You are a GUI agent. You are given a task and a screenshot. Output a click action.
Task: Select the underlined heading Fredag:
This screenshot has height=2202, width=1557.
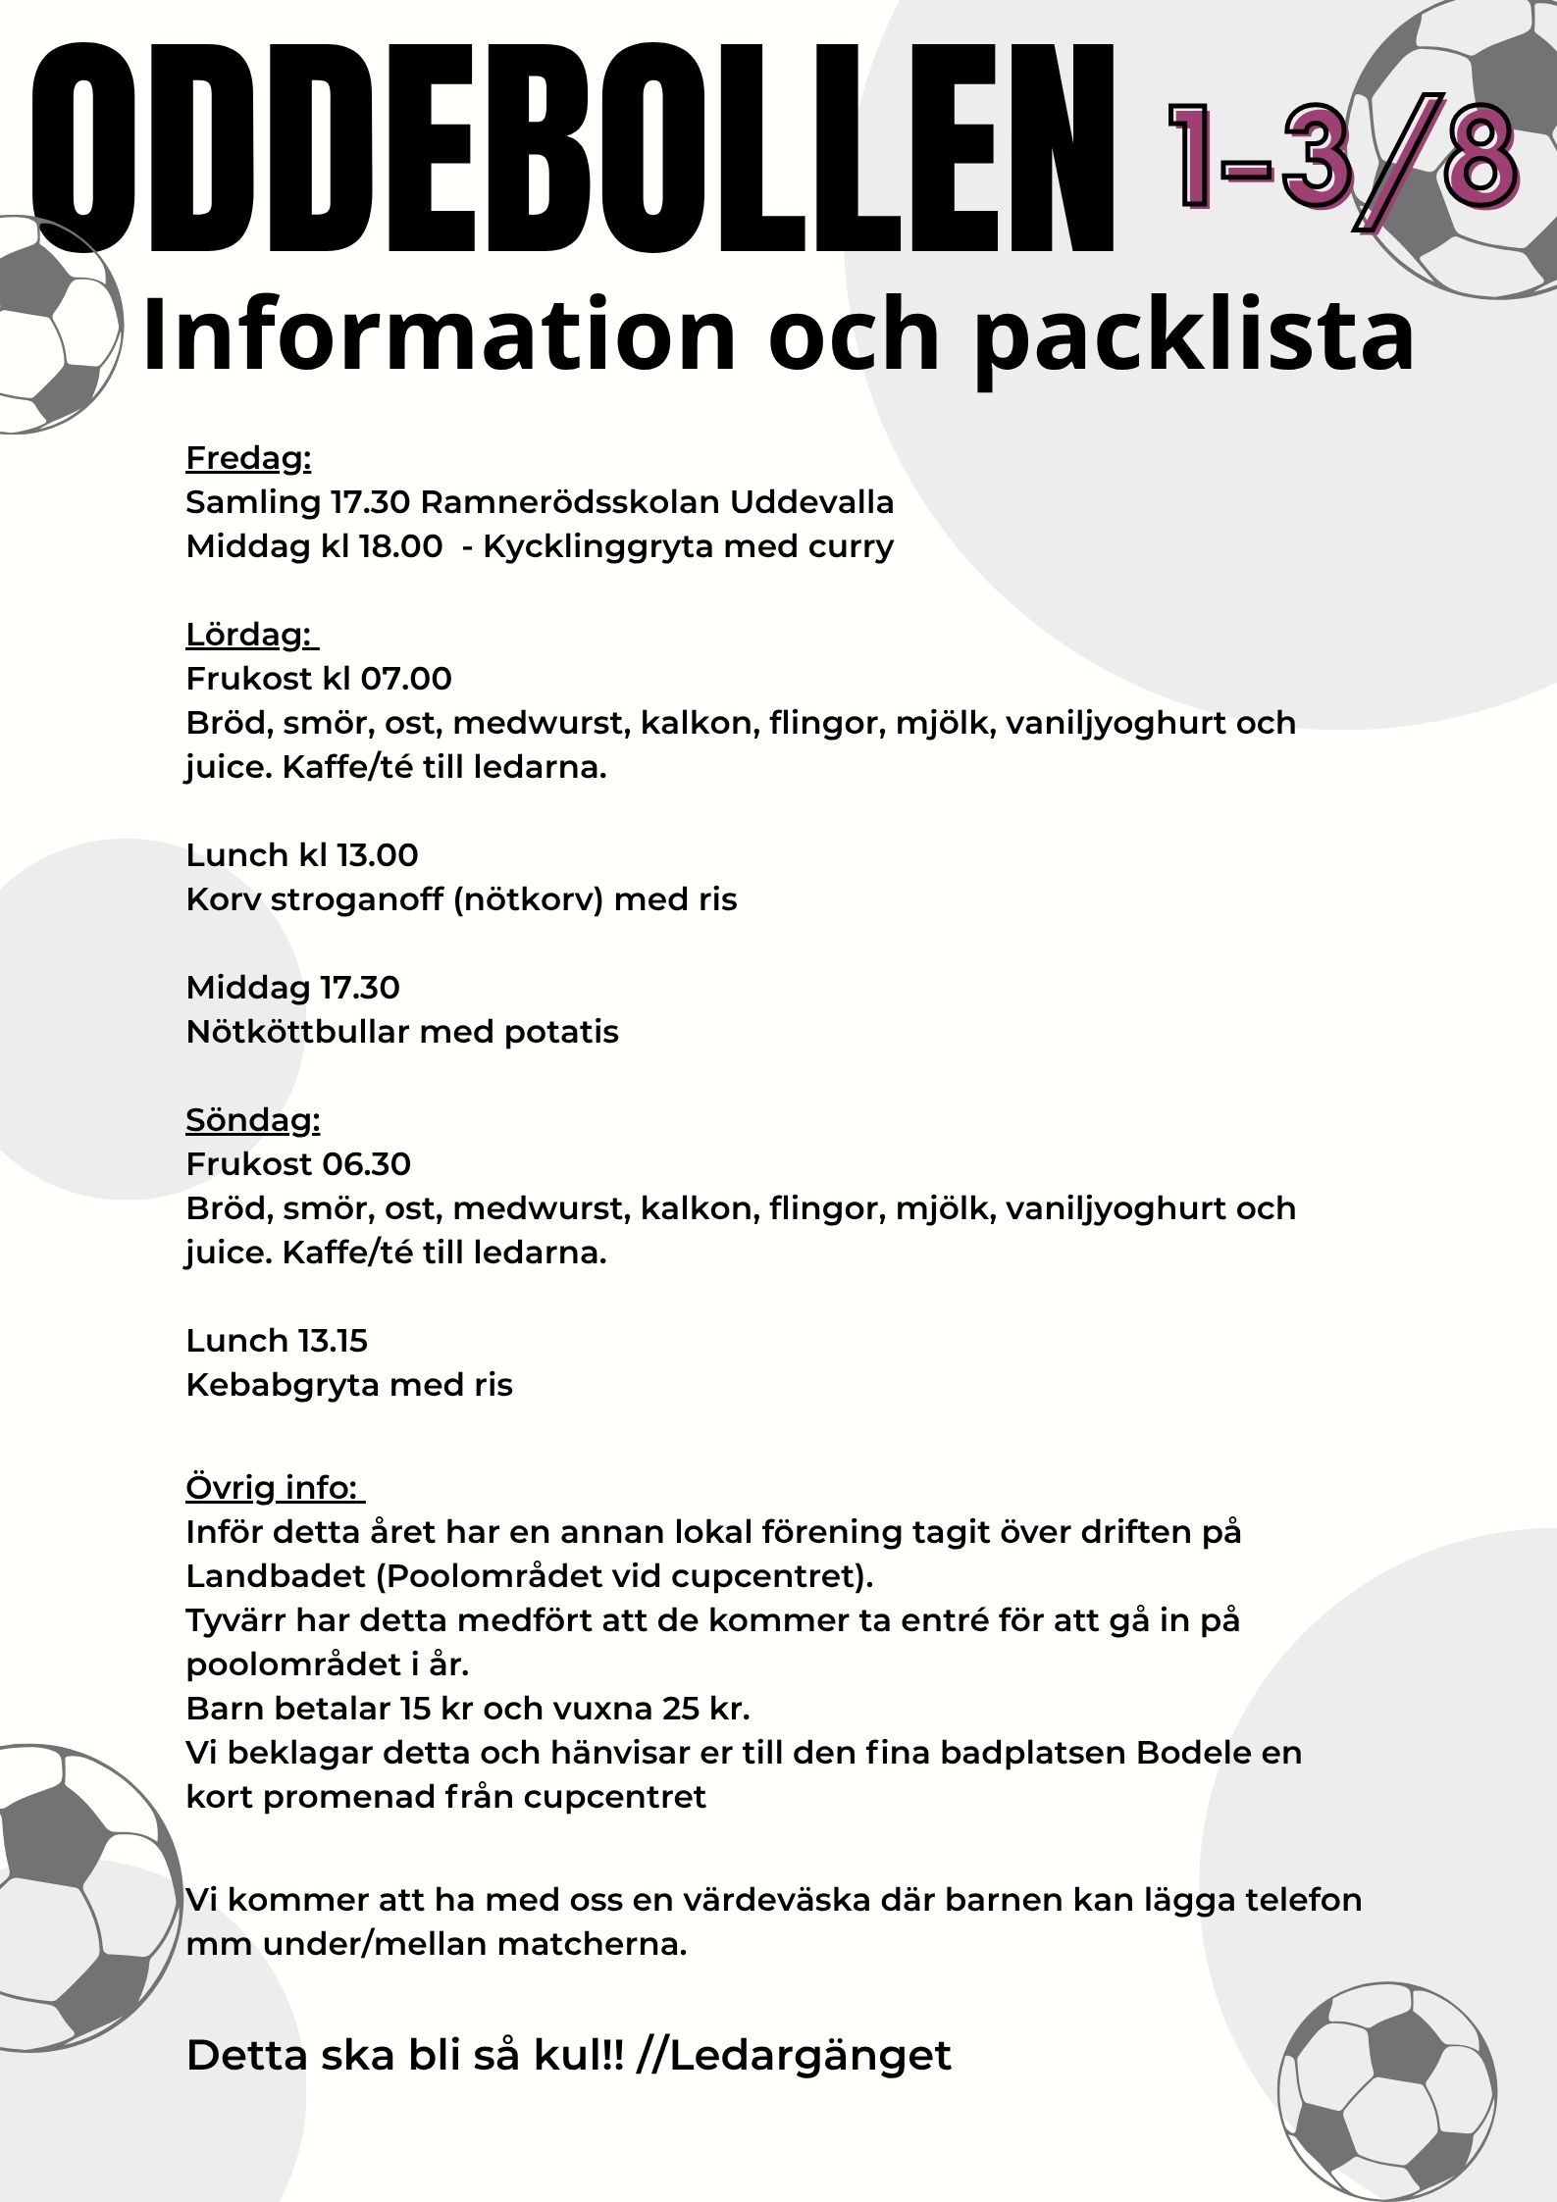pos(248,458)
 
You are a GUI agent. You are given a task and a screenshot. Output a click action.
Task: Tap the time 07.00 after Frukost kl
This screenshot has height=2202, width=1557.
pos(406,679)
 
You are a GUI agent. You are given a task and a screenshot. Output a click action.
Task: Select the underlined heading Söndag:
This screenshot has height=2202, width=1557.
pos(253,1120)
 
